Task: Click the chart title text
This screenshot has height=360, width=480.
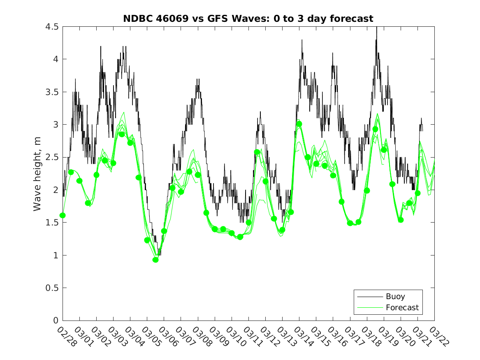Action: coord(248,19)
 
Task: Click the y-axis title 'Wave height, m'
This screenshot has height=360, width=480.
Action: coord(38,174)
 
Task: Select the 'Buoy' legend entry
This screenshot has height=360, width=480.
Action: coord(395,296)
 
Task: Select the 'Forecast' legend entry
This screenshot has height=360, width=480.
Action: coord(402,307)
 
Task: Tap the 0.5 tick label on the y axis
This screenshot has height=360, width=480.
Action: coord(52,288)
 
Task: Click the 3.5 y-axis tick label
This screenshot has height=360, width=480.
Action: coord(52,92)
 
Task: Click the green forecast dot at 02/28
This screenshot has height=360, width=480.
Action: coord(63,215)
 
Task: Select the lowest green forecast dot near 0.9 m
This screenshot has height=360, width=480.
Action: coord(155,260)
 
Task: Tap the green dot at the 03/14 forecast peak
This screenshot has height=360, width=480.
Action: coord(299,124)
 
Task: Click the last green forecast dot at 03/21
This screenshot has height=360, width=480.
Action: coord(417,193)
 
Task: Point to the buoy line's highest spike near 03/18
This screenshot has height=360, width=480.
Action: coord(376,28)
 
